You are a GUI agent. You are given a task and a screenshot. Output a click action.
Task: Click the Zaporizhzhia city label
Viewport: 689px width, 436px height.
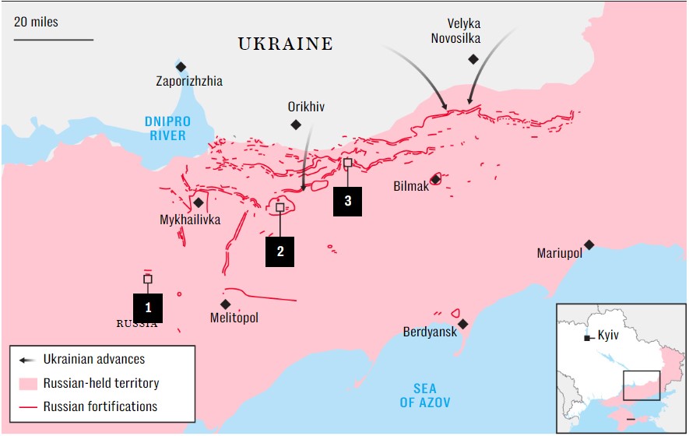pyautogui.click(x=189, y=81)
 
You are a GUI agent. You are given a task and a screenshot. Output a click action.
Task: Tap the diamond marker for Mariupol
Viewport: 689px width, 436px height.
pyautogui.click(x=589, y=244)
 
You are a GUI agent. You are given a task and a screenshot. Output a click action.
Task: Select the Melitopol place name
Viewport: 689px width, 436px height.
pyautogui.click(x=234, y=318)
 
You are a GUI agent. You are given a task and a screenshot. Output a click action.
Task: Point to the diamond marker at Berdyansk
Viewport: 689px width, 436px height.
pyautogui.click(x=463, y=324)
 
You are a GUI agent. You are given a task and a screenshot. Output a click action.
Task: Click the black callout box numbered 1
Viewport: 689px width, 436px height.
pyautogui.click(x=148, y=308)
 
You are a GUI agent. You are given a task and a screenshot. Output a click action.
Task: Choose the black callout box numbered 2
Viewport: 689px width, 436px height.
pyautogui.click(x=279, y=251)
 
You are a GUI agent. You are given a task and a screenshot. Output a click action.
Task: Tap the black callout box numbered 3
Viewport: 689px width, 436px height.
pyautogui.click(x=347, y=201)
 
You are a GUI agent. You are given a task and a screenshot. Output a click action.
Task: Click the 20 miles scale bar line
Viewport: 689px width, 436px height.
pyautogui.click(x=53, y=39)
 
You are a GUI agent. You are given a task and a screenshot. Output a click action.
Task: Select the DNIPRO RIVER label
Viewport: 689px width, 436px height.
pyautogui.click(x=167, y=128)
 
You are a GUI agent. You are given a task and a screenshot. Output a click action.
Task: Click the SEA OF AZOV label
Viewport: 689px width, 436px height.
pyautogui.click(x=424, y=396)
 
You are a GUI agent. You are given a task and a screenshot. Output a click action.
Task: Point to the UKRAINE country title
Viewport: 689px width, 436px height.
pyautogui.click(x=285, y=44)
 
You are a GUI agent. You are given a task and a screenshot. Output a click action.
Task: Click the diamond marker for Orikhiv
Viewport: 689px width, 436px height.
pyautogui.click(x=295, y=125)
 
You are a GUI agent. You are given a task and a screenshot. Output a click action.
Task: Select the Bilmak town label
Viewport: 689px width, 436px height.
pyautogui.click(x=411, y=186)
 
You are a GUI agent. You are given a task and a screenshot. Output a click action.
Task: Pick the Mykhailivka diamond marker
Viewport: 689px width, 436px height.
pyautogui.click(x=199, y=202)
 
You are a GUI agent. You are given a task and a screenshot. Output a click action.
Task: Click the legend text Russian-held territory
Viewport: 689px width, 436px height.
pyautogui.click(x=101, y=383)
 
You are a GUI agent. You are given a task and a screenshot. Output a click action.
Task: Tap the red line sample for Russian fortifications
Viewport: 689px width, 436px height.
pyautogui.click(x=28, y=406)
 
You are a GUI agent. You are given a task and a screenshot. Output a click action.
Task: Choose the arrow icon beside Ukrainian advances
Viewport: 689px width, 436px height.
pyautogui.click(x=28, y=360)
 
